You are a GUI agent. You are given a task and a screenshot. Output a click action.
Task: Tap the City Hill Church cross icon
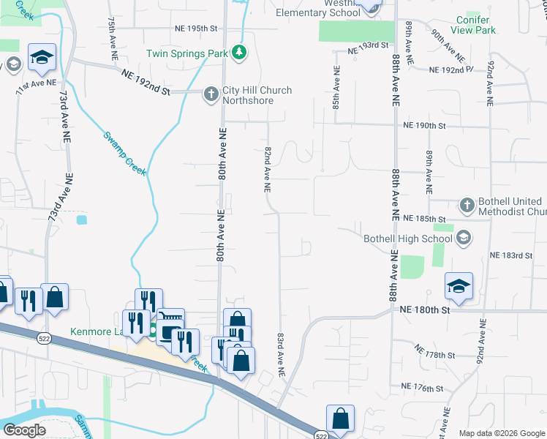click(211, 94)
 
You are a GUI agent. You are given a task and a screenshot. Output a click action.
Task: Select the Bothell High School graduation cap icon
click(463, 238)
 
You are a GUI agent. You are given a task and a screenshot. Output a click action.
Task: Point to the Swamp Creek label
click(124, 153)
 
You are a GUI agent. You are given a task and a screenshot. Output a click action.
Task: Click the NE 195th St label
click(197, 29)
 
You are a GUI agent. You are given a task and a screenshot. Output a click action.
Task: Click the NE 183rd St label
click(511, 255)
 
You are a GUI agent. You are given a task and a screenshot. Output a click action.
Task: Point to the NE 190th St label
click(424, 125)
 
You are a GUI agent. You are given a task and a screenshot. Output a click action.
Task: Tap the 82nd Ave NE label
click(268, 168)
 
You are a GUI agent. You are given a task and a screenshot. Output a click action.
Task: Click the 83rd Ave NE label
click(280, 355)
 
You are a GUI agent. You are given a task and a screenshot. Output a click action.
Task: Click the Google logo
click(24, 430)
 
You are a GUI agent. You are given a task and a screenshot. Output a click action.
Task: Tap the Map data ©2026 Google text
click(501, 433)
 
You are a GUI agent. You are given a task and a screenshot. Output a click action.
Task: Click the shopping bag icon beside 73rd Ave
click(54, 297)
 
